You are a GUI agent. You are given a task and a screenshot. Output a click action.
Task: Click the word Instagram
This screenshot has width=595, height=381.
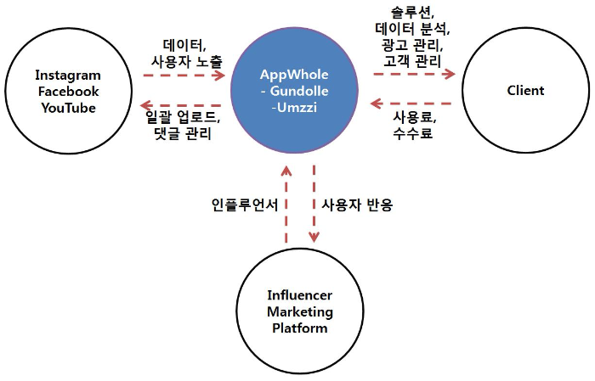(x=68, y=76)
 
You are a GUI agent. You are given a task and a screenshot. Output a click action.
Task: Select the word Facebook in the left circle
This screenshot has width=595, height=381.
(x=68, y=92)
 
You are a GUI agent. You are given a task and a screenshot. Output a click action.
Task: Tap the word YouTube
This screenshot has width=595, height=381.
(x=68, y=108)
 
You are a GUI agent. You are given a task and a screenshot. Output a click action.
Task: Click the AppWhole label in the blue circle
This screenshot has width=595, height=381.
(x=294, y=75)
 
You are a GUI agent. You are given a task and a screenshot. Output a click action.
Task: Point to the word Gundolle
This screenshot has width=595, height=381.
(x=299, y=91)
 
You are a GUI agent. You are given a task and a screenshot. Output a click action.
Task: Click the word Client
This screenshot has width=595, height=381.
(x=525, y=91)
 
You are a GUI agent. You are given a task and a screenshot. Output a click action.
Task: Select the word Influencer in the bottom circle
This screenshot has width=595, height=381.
(x=300, y=295)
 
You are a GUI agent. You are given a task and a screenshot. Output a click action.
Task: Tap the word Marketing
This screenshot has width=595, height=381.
(x=300, y=311)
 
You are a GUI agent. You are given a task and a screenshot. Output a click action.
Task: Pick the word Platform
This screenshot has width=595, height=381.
(x=300, y=328)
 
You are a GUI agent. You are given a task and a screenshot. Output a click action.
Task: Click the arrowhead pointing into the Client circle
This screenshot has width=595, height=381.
(x=450, y=74)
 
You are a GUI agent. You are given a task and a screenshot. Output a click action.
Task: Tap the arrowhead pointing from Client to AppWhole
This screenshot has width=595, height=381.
(x=377, y=104)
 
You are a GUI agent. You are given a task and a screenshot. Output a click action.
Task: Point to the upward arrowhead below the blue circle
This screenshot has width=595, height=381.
(x=286, y=171)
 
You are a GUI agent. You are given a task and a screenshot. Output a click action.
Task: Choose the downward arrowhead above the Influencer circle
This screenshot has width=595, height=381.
(x=314, y=237)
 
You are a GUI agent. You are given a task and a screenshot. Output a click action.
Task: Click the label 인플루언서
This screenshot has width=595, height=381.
(x=245, y=205)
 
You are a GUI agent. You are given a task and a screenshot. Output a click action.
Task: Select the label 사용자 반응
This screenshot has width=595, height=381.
(x=358, y=205)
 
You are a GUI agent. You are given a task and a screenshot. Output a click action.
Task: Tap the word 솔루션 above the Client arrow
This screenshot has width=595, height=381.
(x=411, y=13)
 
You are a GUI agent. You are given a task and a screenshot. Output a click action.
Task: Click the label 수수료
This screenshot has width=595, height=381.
(x=413, y=133)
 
